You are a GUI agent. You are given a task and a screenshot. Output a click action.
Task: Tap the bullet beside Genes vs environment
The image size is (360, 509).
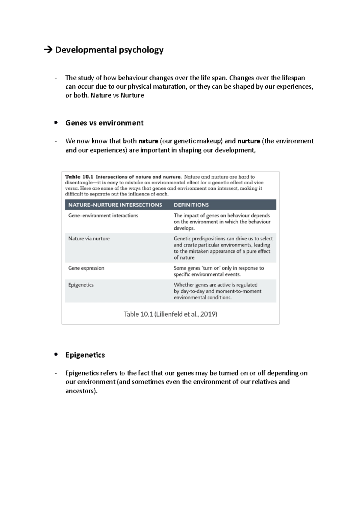56,123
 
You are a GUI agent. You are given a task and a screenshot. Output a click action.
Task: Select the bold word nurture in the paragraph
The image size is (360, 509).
249,141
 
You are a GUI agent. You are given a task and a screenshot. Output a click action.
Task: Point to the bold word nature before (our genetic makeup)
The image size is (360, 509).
148,141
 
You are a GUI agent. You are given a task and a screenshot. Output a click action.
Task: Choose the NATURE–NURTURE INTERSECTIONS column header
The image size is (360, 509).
115,205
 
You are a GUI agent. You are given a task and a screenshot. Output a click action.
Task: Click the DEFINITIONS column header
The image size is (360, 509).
191,205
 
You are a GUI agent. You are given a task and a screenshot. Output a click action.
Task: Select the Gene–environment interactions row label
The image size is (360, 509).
103,216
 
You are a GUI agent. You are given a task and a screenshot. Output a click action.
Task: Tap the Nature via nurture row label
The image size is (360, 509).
89,239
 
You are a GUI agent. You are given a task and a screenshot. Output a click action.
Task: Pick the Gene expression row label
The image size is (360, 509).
86,268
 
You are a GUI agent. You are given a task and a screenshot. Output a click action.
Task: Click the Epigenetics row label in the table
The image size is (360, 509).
81,285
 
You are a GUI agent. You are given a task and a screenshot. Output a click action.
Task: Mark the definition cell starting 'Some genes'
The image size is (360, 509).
218,271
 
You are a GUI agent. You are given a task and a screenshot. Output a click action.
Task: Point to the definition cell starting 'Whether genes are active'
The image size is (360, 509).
217,291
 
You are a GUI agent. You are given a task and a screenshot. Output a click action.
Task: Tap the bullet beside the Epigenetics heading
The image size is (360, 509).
56,354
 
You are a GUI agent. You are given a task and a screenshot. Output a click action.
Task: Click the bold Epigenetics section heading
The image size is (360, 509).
85,355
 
